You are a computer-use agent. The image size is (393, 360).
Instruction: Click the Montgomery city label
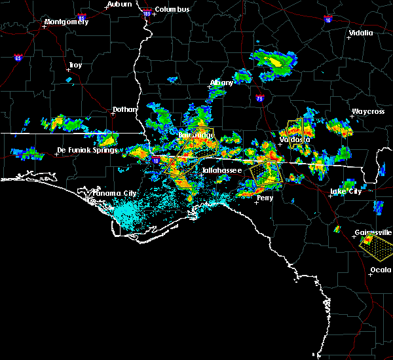(x=65, y=22)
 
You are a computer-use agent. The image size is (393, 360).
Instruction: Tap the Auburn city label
(x=119, y=4)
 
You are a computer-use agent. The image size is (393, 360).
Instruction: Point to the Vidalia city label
(x=361, y=33)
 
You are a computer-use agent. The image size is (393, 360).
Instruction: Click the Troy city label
(x=76, y=65)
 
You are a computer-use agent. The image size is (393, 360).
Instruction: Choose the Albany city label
(x=221, y=83)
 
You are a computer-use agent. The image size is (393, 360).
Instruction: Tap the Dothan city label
(x=124, y=110)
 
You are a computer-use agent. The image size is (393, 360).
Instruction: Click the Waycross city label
(x=367, y=111)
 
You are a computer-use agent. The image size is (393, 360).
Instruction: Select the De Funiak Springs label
(x=86, y=150)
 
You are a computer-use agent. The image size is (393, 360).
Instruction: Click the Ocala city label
(x=381, y=270)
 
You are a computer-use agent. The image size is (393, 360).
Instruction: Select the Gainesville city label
(x=373, y=232)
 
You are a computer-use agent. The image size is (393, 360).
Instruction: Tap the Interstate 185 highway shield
(x=147, y=12)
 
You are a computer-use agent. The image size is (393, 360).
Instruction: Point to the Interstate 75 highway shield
(x=260, y=99)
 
